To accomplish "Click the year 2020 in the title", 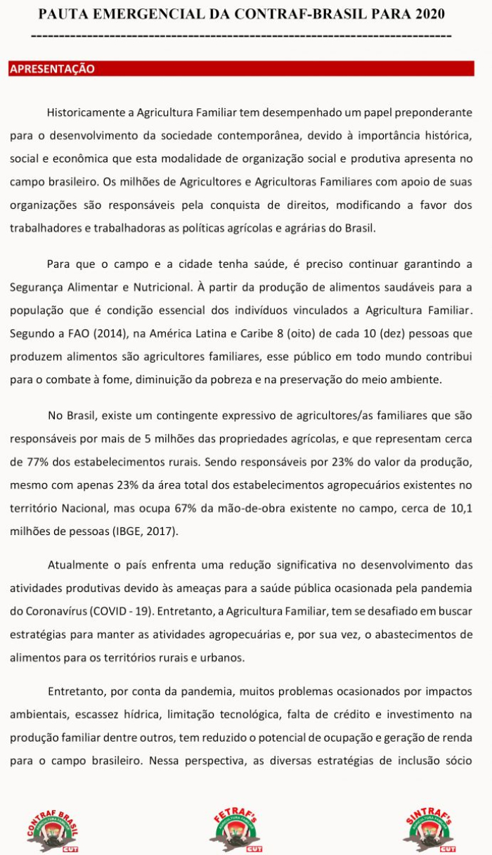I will click(x=429, y=14).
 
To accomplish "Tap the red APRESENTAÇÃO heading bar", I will click(x=241, y=69).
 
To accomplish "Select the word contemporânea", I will click(x=296, y=134).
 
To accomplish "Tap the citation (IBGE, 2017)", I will click(x=145, y=530).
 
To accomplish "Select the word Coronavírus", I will click(x=58, y=610).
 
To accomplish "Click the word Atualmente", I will click(x=78, y=565).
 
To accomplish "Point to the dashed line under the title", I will click(x=241, y=35).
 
